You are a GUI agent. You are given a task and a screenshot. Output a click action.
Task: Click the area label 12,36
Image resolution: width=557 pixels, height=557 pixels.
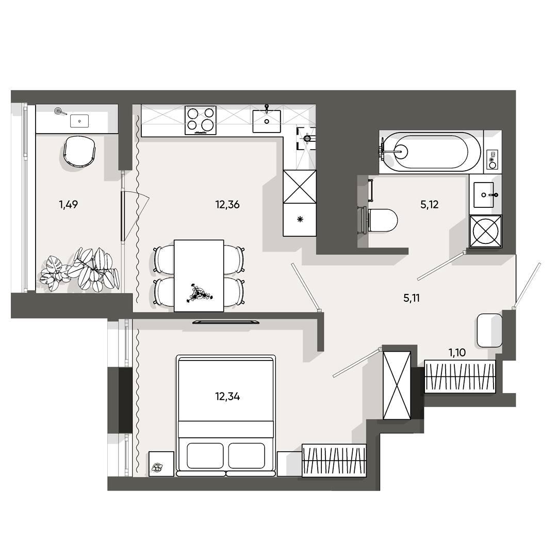point(227,205)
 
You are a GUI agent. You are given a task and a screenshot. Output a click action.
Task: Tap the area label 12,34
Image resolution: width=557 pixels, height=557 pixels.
point(227,397)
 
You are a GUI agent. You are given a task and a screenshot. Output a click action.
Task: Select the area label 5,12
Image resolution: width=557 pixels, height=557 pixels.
point(430,205)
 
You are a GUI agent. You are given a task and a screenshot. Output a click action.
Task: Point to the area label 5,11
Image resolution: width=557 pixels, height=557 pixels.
point(412,299)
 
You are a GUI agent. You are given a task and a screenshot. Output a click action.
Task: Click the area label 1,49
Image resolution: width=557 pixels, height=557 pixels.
point(68,205)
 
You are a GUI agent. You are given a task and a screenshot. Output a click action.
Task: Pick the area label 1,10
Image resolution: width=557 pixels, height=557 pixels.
point(457,353)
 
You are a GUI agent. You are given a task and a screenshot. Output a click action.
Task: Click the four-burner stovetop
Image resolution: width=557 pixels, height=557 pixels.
point(200,120)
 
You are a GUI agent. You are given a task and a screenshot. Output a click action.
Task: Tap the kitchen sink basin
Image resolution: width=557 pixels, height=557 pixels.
point(267,121)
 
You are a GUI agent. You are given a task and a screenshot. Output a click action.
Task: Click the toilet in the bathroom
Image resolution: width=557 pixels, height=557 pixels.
point(380,220)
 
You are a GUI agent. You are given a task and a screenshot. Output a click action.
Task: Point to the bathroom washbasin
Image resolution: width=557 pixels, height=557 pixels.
point(484,195)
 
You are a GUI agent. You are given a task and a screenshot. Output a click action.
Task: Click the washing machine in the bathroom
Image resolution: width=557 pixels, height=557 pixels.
point(486,231)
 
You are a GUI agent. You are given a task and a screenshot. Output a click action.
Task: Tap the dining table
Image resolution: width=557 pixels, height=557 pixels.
point(199,275)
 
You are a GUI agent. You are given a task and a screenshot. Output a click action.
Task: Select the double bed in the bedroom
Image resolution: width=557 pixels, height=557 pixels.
point(226,416)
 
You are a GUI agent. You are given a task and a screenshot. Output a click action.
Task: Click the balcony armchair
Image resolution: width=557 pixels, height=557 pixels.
point(79,151)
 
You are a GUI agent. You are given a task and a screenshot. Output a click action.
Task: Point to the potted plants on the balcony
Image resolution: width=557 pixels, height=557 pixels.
point(80,270)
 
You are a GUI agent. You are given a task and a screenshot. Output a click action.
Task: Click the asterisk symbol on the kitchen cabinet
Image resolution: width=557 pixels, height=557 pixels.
point(300,220)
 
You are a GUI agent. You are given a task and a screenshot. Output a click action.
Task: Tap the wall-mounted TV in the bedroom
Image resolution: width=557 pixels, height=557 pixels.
point(226,322)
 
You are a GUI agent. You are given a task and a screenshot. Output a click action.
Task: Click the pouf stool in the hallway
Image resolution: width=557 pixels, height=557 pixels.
point(489,331)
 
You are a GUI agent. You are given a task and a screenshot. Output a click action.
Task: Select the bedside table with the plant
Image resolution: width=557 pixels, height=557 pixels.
point(161,464)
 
